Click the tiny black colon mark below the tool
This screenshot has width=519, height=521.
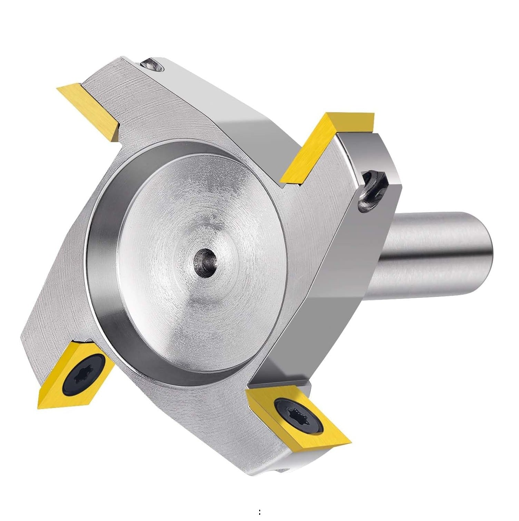pos(259,512)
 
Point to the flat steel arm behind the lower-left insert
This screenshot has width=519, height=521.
pos(52,311)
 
